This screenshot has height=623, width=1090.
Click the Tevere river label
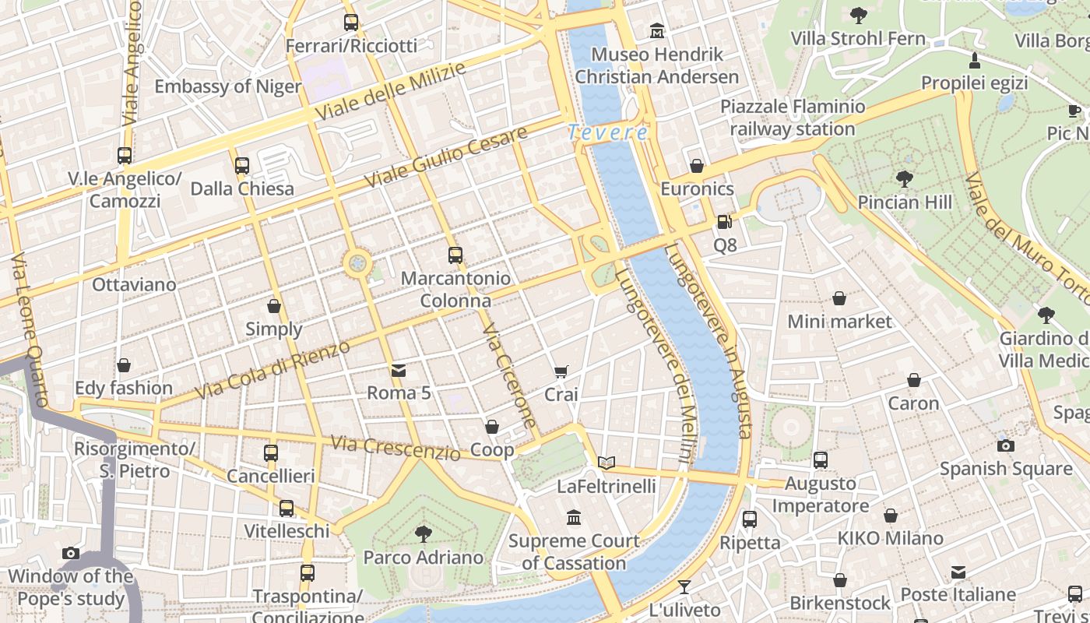(x=607, y=132)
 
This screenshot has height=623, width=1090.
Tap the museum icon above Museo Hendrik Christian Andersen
(x=657, y=31)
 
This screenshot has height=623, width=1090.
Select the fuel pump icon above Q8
(x=724, y=222)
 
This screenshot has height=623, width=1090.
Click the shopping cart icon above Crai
(x=561, y=371)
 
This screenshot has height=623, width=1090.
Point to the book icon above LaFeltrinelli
(x=607, y=463)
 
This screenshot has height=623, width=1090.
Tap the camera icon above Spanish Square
(x=1006, y=445)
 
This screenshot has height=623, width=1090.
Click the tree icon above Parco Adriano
(x=423, y=534)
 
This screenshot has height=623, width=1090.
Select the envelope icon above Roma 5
(x=399, y=370)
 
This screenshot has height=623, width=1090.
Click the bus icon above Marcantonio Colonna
(x=455, y=255)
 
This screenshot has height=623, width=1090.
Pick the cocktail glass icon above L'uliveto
(x=684, y=586)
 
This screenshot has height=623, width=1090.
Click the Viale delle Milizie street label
(x=390, y=91)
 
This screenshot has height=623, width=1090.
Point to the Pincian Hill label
(x=905, y=202)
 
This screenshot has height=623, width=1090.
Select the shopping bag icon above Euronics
(x=697, y=166)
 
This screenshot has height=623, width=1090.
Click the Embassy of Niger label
(x=227, y=86)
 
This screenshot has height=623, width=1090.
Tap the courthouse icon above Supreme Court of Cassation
(x=575, y=517)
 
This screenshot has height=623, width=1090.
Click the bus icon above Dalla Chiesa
(x=242, y=165)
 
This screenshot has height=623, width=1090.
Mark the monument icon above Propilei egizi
(x=974, y=60)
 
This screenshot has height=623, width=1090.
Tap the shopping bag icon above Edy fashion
(x=124, y=365)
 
